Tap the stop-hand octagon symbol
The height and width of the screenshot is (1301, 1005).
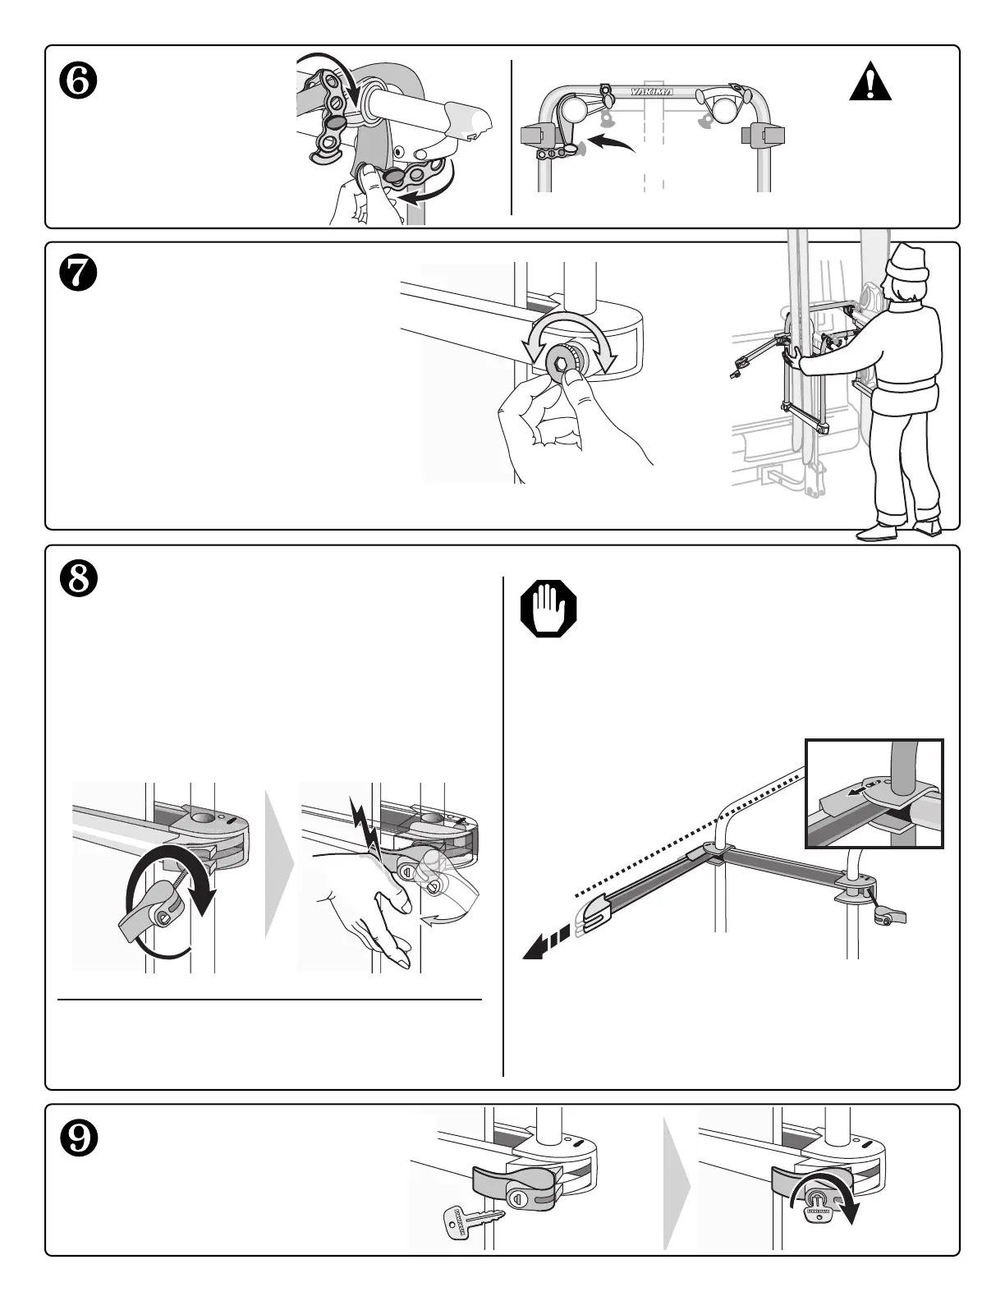[x=548, y=609]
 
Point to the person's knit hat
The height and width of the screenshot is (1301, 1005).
[x=907, y=263]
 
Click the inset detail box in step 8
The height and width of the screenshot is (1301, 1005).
[x=874, y=793]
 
